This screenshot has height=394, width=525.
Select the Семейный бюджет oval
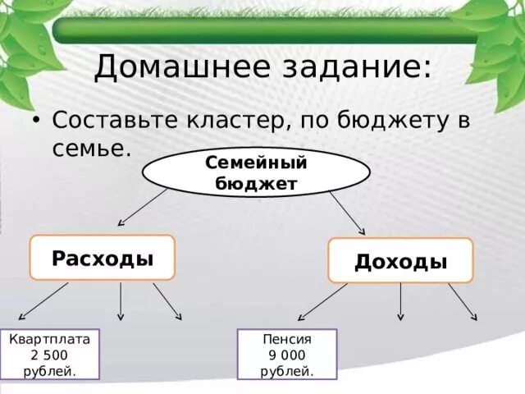click(256, 172)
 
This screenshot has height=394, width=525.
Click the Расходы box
click(103, 258)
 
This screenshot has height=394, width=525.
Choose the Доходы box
click(400, 261)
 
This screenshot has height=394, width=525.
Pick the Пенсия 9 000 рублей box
click(287, 355)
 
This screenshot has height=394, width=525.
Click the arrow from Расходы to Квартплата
click(43, 300)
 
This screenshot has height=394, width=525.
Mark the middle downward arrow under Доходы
click(400, 302)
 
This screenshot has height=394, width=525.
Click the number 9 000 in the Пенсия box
click(287, 355)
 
